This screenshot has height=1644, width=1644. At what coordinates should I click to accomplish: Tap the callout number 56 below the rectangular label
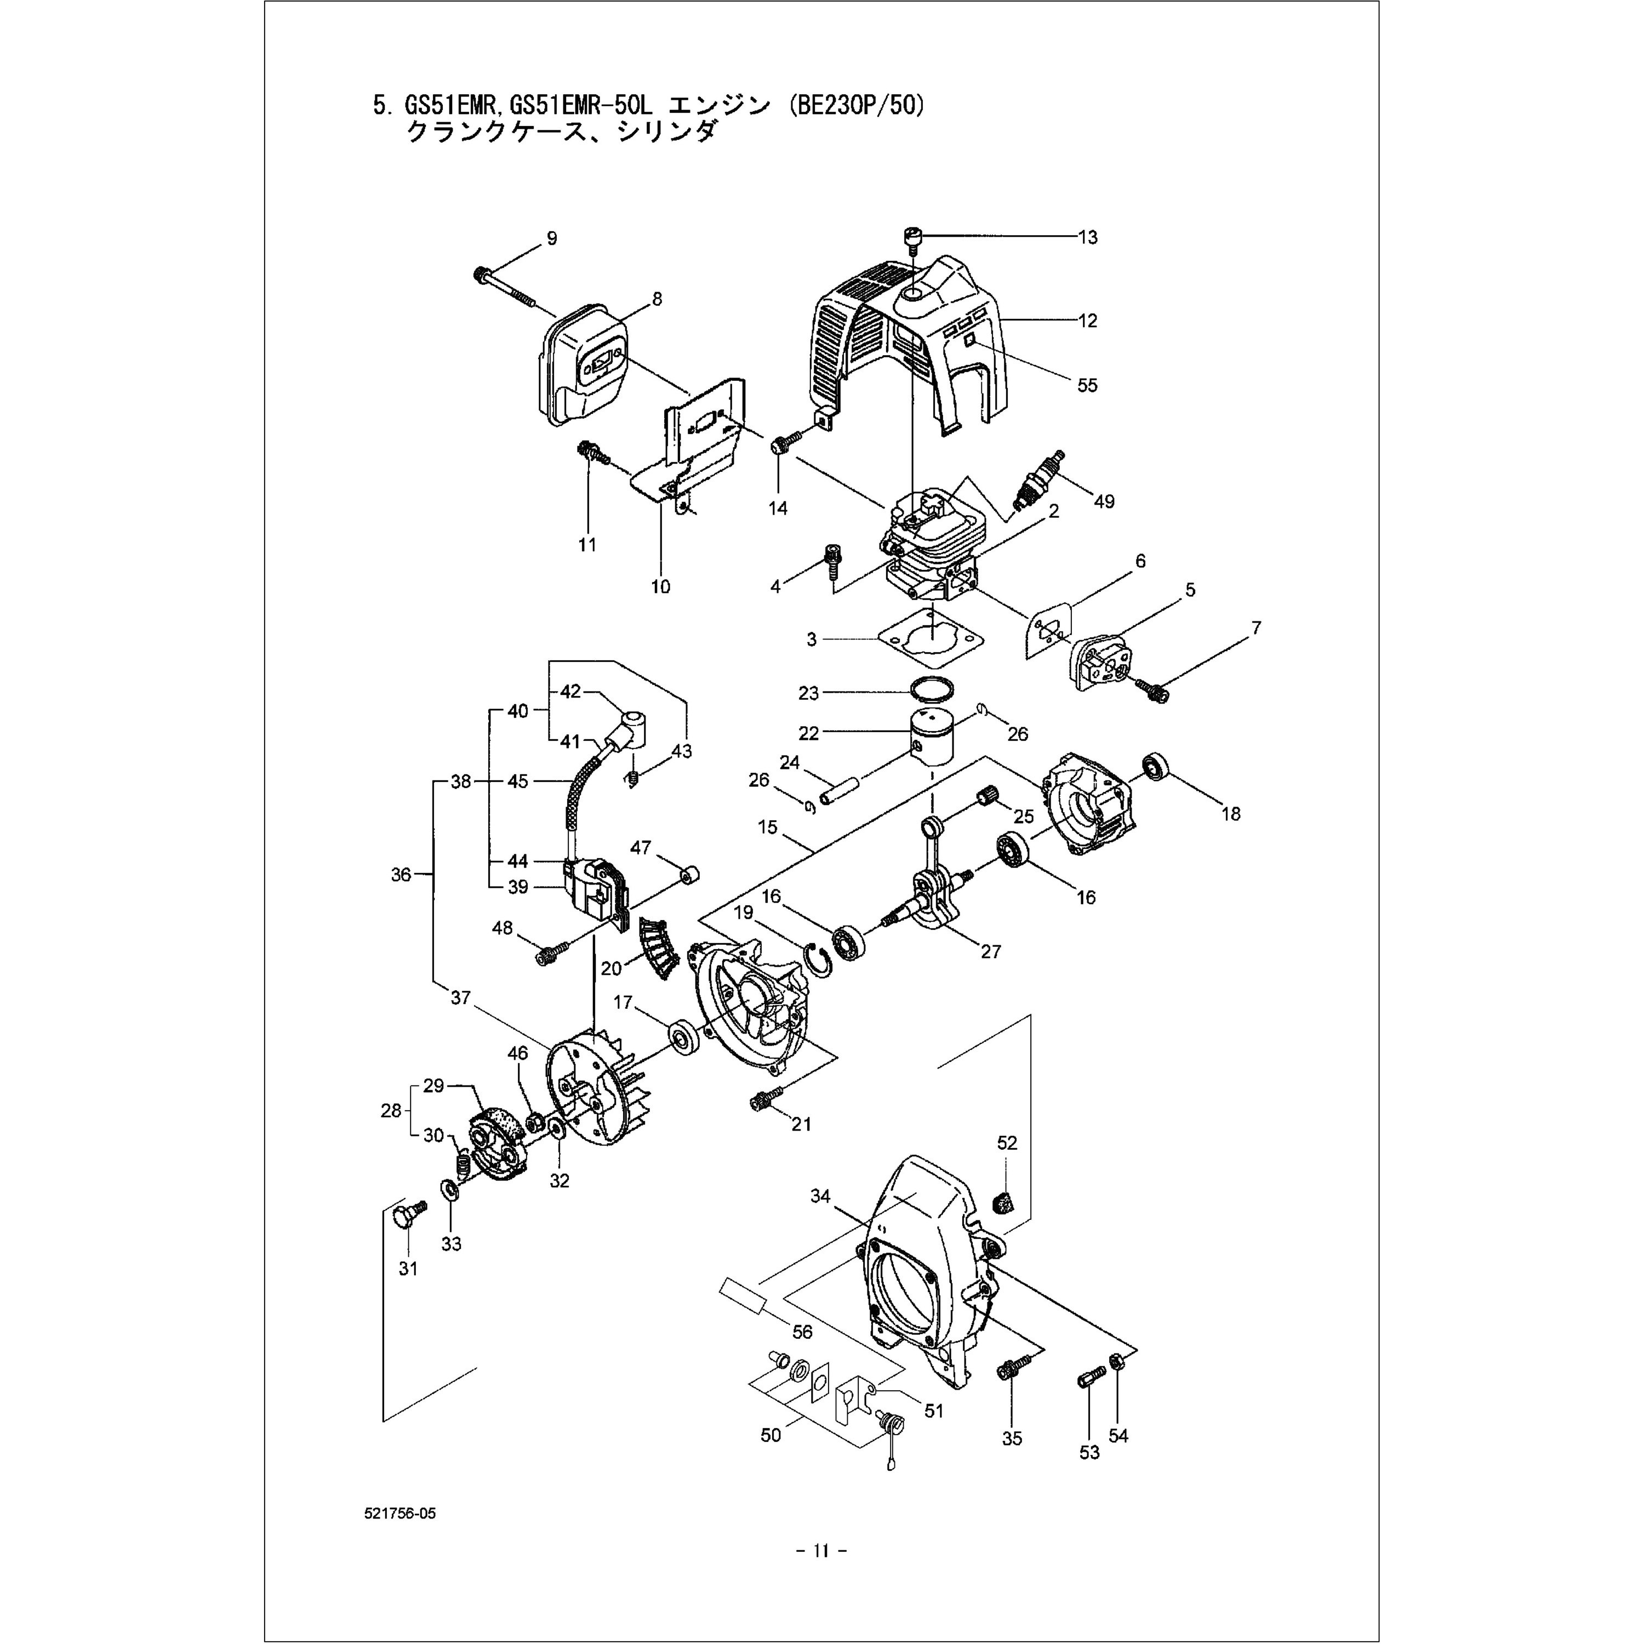pyautogui.click(x=802, y=1332)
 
